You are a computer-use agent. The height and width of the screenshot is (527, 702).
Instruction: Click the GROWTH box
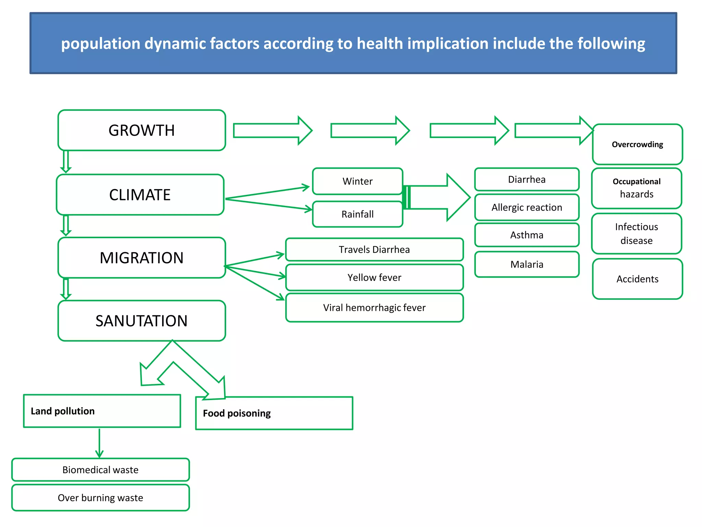click(x=142, y=130)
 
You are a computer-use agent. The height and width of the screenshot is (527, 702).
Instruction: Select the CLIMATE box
click(x=140, y=195)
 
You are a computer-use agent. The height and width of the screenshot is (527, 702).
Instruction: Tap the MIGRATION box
click(x=142, y=258)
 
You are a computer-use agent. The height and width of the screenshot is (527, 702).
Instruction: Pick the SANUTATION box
click(x=142, y=321)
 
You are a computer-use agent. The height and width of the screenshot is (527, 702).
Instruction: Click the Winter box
click(x=358, y=181)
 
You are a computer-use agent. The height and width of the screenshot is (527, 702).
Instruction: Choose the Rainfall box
click(x=358, y=214)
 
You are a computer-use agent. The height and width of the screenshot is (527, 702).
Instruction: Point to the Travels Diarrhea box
click(x=374, y=249)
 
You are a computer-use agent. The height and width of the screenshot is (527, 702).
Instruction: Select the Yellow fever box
click(x=374, y=277)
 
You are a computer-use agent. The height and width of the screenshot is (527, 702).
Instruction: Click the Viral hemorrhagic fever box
click(x=374, y=307)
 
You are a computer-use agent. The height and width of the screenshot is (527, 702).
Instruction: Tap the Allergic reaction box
click(x=527, y=207)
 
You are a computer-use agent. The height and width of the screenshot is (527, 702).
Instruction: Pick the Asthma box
click(x=527, y=235)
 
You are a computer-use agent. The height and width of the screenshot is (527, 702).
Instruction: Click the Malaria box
click(x=527, y=264)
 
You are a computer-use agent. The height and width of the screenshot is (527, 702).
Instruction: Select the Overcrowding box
click(x=638, y=144)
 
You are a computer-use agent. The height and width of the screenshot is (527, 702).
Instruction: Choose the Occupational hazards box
click(x=637, y=188)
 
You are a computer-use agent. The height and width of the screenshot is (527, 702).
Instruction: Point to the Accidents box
click(x=638, y=279)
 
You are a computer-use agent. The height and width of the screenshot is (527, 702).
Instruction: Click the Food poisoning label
click(x=237, y=413)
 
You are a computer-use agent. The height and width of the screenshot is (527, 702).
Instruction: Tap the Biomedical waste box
click(x=100, y=470)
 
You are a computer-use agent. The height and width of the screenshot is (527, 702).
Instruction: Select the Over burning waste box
click(x=100, y=498)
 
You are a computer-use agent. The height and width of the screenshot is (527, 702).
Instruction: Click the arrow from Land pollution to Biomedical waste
click(x=99, y=443)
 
